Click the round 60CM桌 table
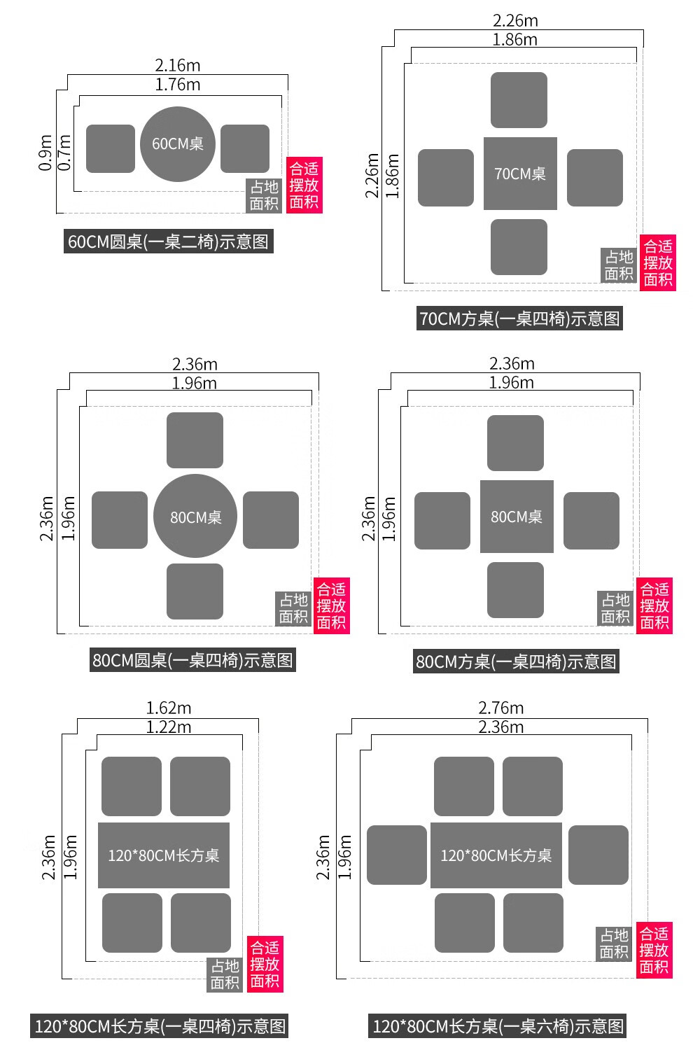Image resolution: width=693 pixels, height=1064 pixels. [x=178, y=144]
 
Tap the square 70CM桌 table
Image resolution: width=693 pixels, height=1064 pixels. [x=520, y=174]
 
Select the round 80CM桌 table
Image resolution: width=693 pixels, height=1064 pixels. [x=195, y=517]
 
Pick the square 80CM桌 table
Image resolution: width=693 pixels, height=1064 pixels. [x=517, y=517]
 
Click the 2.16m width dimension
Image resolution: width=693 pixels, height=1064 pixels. [x=178, y=65]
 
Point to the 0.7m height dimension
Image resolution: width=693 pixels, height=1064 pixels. [x=64, y=153]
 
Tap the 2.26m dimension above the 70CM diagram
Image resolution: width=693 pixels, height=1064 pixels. [x=515, y=21]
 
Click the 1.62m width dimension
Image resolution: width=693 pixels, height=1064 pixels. [x=168, y=708]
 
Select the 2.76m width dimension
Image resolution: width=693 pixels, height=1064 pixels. [x=501, y=708]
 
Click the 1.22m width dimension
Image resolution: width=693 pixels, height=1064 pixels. [x=169, y=727]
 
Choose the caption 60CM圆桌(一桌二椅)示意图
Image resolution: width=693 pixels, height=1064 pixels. [x=168, y=241]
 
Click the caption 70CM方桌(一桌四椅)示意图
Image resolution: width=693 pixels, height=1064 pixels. [x=519, y=318]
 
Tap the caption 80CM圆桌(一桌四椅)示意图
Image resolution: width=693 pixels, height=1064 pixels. [x=192, y=660]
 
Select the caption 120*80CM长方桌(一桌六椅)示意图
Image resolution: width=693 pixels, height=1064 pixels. [x=498, y=1026]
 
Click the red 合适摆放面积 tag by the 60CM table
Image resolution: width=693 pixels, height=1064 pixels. [x=304, y=185]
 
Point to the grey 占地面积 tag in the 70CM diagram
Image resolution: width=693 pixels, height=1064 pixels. [x=619, y=265]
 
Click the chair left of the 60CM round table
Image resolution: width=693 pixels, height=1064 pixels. [x=111, y=148]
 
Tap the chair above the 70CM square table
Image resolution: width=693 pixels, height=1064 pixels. [x=519, y=100]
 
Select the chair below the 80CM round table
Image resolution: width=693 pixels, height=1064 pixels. [x=195, y=591]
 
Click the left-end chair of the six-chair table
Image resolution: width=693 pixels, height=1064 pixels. [x=397, y=855]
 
